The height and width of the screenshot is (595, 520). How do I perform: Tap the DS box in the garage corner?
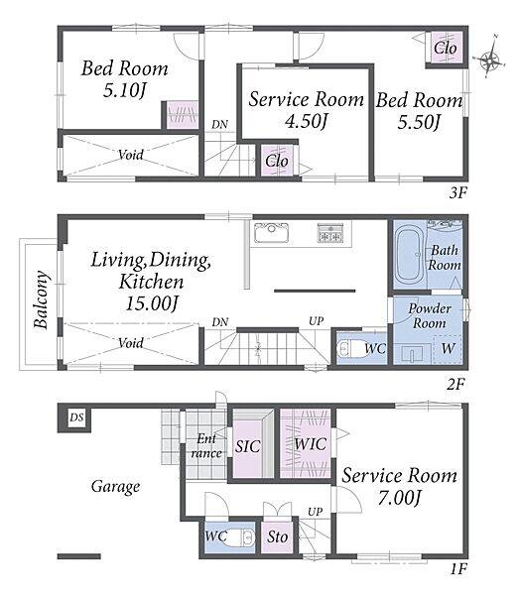(76, 417)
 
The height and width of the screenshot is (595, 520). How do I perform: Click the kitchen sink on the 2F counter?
(271, 233)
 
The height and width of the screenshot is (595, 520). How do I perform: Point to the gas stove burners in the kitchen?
(330, 233)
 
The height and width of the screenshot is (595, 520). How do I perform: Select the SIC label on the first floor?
(248, 446)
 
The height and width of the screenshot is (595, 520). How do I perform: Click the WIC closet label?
(310, 444)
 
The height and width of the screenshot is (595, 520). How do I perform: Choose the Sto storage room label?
(277, 536)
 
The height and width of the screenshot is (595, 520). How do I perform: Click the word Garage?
(115, 487)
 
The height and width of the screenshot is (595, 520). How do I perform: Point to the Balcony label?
(41, 299)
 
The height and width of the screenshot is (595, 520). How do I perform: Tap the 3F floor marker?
(457, 193)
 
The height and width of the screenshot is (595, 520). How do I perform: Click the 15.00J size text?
(152, 303)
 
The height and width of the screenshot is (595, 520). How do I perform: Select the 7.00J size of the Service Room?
(400, 497)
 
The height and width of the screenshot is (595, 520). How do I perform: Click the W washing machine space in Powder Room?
(448, 348)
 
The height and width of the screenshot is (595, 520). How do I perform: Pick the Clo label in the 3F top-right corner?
(446, 49)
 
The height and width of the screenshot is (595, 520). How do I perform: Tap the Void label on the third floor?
(131, 155)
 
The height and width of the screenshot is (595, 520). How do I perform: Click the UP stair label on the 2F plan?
(316, 321)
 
